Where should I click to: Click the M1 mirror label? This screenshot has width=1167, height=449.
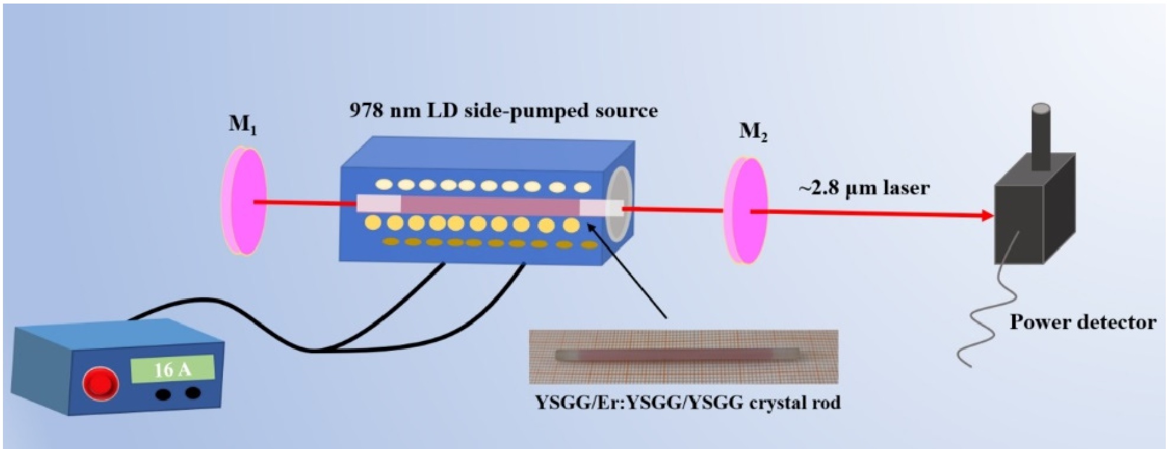242,125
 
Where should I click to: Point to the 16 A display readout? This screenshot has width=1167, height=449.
172,370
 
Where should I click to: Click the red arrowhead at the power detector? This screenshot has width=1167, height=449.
987,216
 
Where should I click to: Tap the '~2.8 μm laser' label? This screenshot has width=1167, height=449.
864,188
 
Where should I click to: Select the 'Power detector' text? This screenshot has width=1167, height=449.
1082,322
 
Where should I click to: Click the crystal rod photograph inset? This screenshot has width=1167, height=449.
683,356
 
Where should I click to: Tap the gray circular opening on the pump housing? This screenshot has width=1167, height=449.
618,204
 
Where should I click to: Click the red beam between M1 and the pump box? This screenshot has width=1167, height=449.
304,203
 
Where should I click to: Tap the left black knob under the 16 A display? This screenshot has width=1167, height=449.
163,394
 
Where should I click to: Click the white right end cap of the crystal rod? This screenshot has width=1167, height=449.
601,207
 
